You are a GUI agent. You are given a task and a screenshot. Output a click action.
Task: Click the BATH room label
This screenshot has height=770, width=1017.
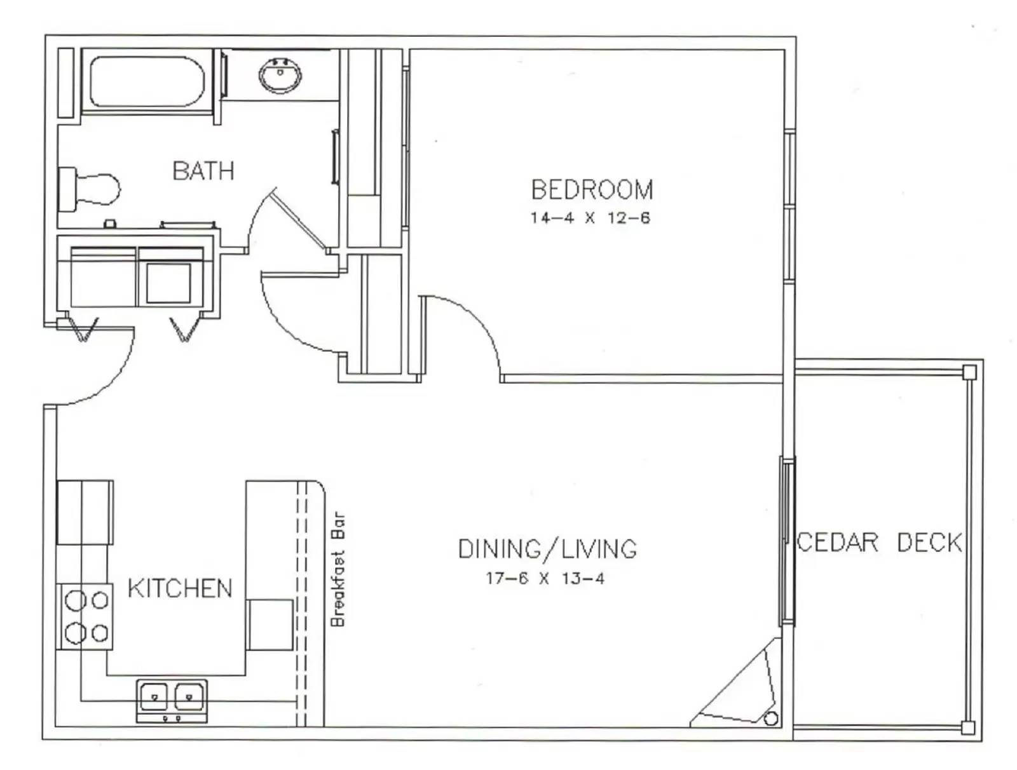coord(203,170)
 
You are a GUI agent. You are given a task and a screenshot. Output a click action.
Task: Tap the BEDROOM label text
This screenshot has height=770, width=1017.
coord(592,189)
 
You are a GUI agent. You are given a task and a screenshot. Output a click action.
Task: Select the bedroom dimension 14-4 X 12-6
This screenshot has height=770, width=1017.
coord(590,218)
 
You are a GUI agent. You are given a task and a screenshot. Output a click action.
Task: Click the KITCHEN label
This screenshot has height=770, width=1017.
coord(180,588)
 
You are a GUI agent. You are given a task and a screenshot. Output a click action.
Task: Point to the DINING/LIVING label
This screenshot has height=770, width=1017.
coord(547,549)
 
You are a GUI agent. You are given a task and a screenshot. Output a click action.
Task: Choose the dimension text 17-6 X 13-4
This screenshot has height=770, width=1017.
coord(545,578)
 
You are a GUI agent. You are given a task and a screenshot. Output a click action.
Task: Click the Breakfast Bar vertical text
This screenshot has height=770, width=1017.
coord(338,569)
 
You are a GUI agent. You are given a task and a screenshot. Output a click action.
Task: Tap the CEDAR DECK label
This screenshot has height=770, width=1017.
coord(879,543)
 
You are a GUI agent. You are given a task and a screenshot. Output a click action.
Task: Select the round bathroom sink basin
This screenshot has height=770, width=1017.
coord(280,75)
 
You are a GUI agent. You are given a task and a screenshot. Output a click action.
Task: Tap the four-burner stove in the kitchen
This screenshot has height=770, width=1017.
coord(85,616)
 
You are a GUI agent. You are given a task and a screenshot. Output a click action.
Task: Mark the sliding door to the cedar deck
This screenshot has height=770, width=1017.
coord(788,540)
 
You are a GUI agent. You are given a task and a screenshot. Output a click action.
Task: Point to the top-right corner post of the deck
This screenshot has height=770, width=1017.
coord(969,372)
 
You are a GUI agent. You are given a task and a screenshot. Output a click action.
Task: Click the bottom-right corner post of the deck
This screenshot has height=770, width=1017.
coord(967,727)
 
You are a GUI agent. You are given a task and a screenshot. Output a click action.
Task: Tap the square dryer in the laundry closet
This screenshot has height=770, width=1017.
coord(168,283)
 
